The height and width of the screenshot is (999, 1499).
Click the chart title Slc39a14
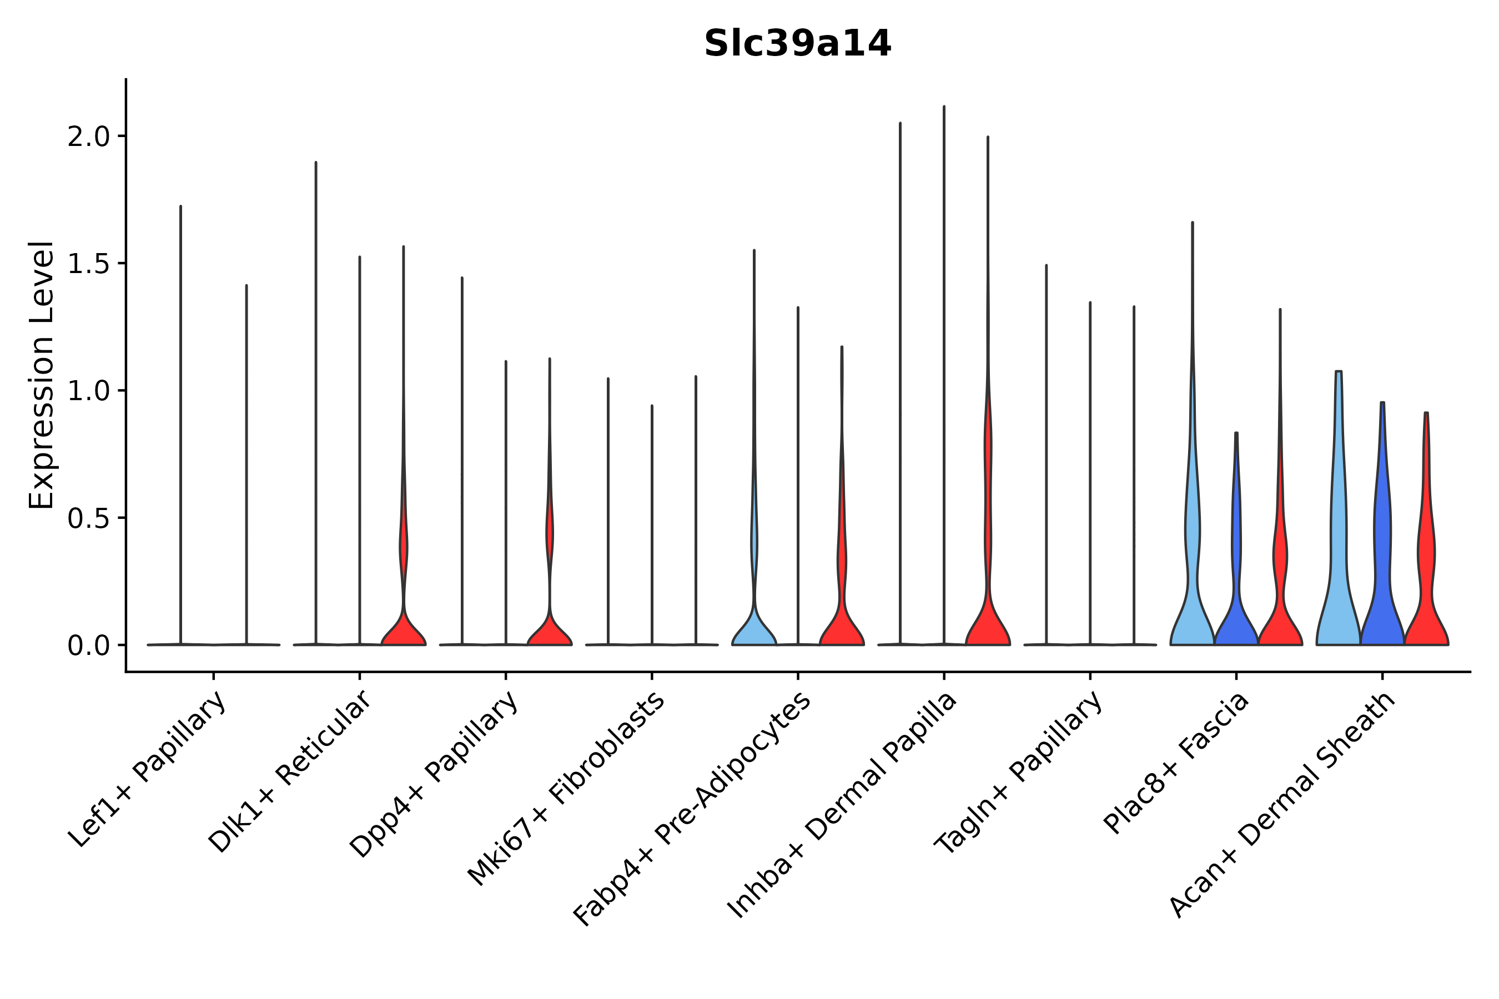pyautogui.click(x=797, y=44)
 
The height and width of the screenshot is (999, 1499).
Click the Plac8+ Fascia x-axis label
pyautogui.click(x=1176, y=763)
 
